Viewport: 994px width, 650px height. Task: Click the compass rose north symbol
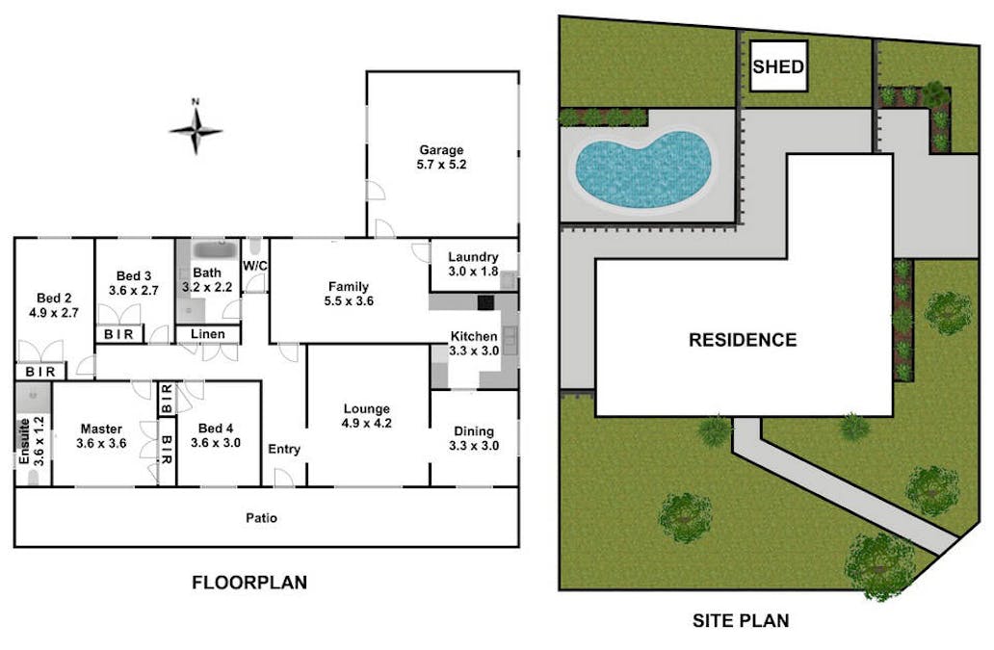[x=196, y=130]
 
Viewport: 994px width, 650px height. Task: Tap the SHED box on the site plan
[x=778, y=66]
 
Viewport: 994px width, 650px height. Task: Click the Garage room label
[x=441, y=150]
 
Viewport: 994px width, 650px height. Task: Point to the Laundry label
[x=473, y=257]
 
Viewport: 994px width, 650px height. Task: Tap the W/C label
[x=255, y=266]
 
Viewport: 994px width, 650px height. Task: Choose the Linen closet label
[x=208, y=334]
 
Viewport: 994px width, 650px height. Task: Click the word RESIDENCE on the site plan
[x=743, y=340]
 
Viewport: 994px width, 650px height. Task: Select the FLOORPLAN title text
[x=249, y=583]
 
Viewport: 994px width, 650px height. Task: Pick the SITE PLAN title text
[x=741, y=620]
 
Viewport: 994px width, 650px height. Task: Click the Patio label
[x=261, y=518]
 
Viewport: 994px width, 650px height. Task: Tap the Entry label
[x=284, y=449]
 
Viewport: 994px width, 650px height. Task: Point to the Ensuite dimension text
[x=39, y=442]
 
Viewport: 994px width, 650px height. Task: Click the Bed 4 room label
[x=216, y=429]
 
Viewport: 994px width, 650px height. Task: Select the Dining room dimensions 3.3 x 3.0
[x=474, y=445]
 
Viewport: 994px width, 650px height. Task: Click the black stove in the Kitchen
[x=485, y=302]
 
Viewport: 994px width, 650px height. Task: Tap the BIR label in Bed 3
[x=118, y=334]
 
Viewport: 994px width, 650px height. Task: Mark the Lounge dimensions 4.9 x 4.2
[x=366, y=423]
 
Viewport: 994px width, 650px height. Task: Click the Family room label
[x=348, y=287]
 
